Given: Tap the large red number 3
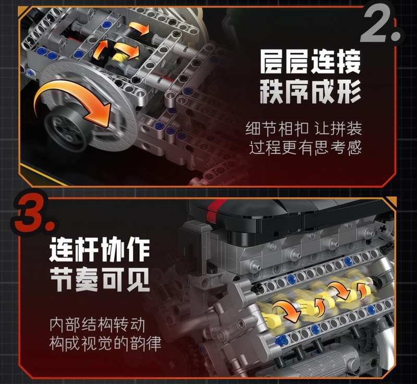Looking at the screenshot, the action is pos(33,212).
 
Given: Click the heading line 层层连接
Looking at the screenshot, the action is pos(310,62).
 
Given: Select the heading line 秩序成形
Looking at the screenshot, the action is pos(310,91).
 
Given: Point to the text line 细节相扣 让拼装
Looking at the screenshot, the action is pos(304,129).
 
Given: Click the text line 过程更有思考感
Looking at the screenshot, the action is pos(305,148).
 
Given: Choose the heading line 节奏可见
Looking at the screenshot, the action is pos(100,280).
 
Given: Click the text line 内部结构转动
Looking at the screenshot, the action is pos(97,325).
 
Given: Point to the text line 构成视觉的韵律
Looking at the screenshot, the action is pos(105,343).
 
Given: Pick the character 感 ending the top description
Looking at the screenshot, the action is pos(354,148).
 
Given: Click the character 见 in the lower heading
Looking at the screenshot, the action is pos(138,280).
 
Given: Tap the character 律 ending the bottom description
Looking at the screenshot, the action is pos(153,343).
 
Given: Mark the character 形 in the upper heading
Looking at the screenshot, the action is pos(349,91).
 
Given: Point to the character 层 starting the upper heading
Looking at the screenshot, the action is pos(271,62).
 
